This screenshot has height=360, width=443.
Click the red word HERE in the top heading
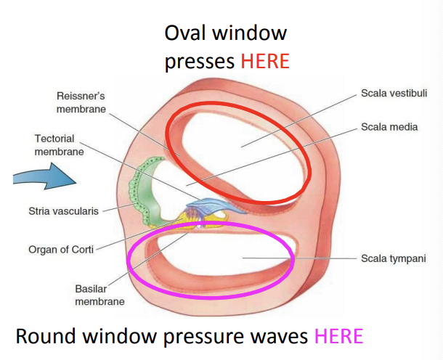[265, 61]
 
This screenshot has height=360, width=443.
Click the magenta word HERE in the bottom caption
[338, 337]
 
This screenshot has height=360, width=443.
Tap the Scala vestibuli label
[391, 94]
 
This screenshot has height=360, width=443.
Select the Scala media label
[389, 127]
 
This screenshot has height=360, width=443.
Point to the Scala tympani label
[391, 258]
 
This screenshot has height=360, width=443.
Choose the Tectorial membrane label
[58, 145]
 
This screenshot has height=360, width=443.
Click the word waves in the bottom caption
[280, 337]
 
